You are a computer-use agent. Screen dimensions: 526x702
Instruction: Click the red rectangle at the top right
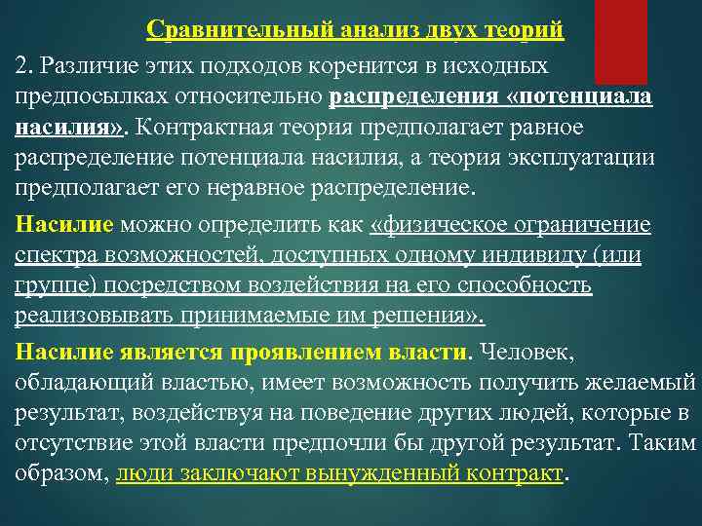(620, 41)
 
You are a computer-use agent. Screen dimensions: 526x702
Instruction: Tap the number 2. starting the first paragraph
(24, 66)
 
